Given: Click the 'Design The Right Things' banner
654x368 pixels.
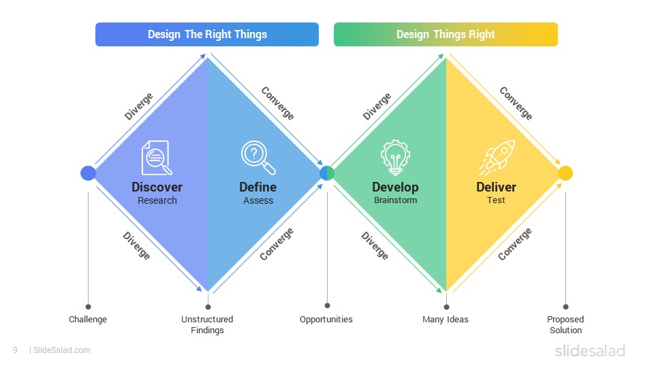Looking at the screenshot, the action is click(207, 34).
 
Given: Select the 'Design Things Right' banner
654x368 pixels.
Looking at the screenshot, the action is click(446, 34).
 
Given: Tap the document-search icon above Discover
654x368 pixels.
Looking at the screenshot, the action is click(157, 157).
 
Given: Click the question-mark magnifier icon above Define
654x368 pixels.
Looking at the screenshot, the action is click(258, 157).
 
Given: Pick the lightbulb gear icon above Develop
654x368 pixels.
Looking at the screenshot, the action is click(395, 157).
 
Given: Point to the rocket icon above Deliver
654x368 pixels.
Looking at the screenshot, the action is click(497, 157).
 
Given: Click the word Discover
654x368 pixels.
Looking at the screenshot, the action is click(157, 187).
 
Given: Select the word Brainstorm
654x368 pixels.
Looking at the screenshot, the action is click(395, 200).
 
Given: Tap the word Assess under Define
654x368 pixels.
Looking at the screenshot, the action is click(258, 200).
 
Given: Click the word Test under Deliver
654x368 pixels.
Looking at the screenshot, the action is click(496, 200).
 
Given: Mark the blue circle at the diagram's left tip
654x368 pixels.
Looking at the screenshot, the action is click(88, 173).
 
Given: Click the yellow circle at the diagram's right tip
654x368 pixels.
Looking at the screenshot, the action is click(565, 173).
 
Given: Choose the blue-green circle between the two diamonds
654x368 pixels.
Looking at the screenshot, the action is click(327, 173).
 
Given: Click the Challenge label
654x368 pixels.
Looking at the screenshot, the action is click(88, 320).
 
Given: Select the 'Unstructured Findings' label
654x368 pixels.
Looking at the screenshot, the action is click(207, 324).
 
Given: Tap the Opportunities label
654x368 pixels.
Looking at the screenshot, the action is click(326, 320).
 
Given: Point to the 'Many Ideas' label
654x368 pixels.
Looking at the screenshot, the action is click(446, 320).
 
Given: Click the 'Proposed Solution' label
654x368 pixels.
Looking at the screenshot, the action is click(565, 324).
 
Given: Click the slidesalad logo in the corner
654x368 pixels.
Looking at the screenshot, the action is click(590, 350).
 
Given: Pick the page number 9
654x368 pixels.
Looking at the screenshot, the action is click(15, 350).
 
